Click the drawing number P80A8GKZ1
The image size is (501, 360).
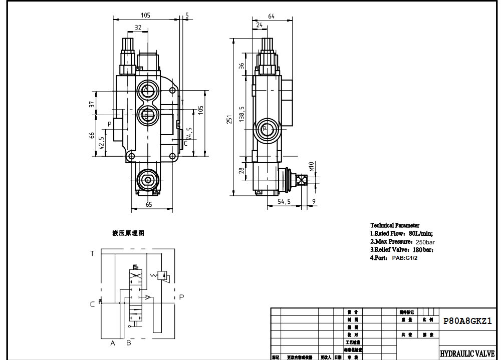[467, 322]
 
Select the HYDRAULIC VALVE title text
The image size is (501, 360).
[467, 353]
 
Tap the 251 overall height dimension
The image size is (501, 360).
[229, 119]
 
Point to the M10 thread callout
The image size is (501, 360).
[311, 166]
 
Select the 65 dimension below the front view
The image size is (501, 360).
[149, 204]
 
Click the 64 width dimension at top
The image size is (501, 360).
[272, 16]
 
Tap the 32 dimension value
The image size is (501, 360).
[138, 28]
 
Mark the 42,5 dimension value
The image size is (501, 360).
[101, 143]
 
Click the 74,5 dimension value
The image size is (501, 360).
[189, 134]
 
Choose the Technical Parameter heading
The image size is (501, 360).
[395, 225]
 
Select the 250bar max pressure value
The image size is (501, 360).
[425, 242]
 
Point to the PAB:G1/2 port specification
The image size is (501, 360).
[404, 258]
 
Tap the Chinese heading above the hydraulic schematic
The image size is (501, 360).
[128, 233]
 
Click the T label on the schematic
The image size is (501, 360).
[92, 253]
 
